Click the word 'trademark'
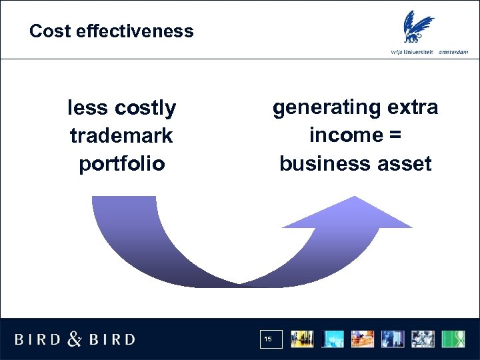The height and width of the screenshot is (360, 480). click(x=121, y=135)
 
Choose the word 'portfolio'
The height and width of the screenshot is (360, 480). click(x=121, y=164)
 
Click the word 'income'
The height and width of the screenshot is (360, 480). click(x=345, y=135)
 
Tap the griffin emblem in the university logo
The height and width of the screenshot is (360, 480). click(x=417, y=27)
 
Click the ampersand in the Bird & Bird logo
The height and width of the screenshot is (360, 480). click(x=75, y=339)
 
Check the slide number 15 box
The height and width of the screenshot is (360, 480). click(x=271, y=339)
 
